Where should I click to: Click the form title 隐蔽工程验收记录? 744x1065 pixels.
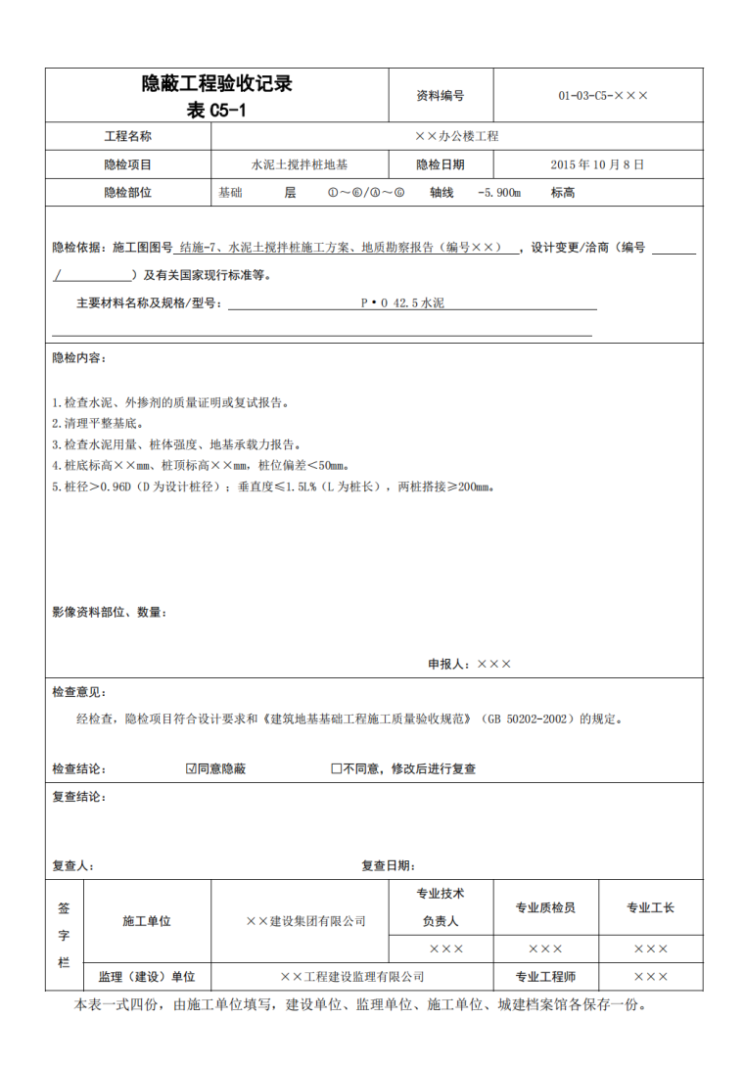[x=216, y=85]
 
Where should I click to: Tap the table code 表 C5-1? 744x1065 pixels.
[x=216, y=111]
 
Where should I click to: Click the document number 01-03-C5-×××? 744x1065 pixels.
[x=603, y=96]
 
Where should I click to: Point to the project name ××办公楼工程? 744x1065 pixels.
[x=456, y=137]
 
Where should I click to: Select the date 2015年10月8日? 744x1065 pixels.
[x=597, y=164]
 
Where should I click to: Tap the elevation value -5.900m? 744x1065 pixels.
[x=498, y=193]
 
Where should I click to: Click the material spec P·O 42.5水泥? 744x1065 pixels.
[x=402, y=304]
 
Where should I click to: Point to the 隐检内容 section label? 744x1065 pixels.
[x=79, y=358]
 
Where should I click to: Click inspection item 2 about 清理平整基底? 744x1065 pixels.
[x=97, y=424]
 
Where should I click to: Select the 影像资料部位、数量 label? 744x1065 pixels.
[x=108, y=613]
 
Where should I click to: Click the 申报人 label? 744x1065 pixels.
[x=449, y=664]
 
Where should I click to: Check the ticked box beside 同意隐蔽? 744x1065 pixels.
[x=191, y=769]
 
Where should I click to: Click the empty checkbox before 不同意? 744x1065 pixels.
[x=336, y=769]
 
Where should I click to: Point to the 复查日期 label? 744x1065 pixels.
[x=388, y=865]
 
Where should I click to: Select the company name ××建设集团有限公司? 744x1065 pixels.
[x=304, y=921]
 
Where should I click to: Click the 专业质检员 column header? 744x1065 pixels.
[x=545, y=907]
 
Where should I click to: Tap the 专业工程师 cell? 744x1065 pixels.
[x=545, y=977]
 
